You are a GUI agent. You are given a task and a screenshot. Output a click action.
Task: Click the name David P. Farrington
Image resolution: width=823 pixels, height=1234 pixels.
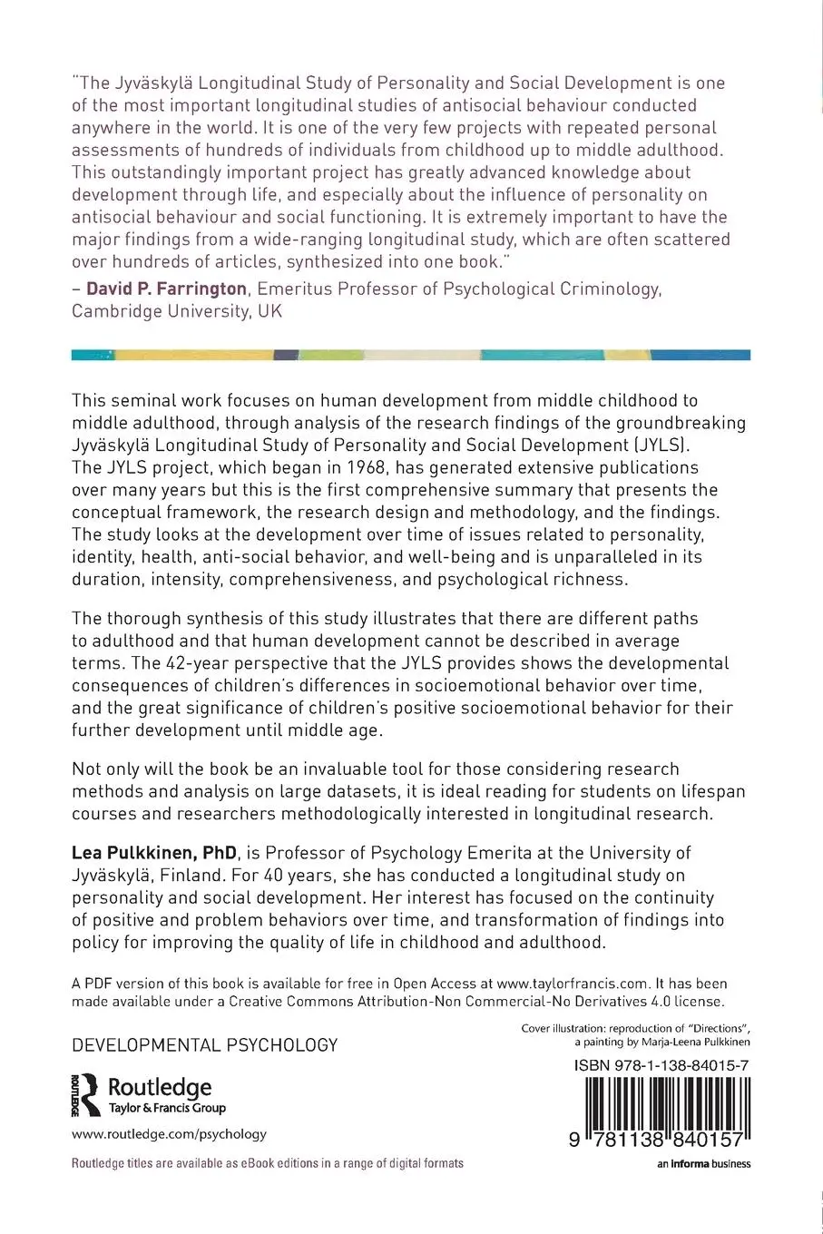click(x=166, y=289)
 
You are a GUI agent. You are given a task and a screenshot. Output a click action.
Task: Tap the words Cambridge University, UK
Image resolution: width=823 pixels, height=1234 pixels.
click(x=177, y=311)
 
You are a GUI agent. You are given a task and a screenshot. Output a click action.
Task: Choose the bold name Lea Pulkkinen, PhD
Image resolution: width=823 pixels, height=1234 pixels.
click(x=155, y=853)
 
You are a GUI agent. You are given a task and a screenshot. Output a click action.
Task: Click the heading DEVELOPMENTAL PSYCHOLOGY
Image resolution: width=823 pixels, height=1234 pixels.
click(x=205, y=1045)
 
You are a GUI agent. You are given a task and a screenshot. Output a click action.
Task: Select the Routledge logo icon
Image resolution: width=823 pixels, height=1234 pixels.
click(x=85, y=1094)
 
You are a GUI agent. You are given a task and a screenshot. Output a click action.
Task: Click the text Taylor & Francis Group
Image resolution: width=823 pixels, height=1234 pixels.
click(x=167, y=1108)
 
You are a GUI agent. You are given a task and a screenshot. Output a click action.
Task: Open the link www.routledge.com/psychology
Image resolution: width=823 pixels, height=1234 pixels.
click(x=169, y=1133)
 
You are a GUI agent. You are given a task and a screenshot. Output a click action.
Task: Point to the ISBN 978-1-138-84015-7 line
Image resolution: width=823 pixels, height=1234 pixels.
click(x=661, y=1066)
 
